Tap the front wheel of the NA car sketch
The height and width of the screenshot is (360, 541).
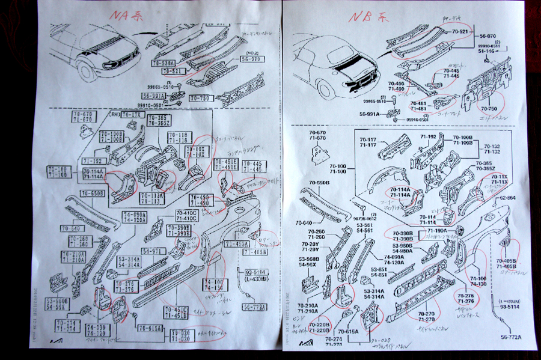coord(90,70)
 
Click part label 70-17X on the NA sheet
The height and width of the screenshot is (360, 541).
coord(133,115)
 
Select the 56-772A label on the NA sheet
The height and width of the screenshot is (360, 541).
coord(255,307)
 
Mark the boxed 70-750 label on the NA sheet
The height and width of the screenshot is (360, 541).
coord(201,98)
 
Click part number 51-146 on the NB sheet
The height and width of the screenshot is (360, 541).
coord(486,52)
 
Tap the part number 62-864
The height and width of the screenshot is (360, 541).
coord(507,197)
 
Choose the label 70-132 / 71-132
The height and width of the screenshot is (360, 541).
coord(488,150)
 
